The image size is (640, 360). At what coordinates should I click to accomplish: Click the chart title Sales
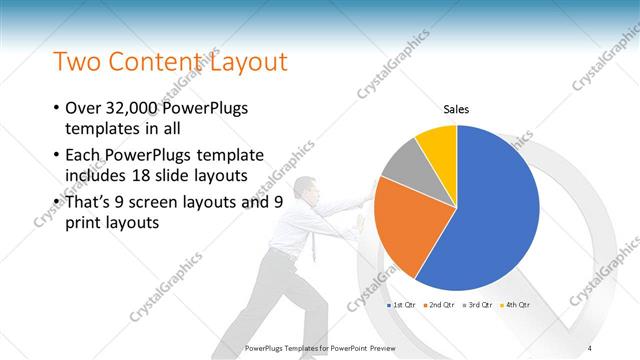coord(456,108)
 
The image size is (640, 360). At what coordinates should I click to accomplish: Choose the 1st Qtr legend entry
coord(402,304)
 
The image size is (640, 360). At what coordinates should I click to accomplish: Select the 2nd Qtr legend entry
coord(442,304)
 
